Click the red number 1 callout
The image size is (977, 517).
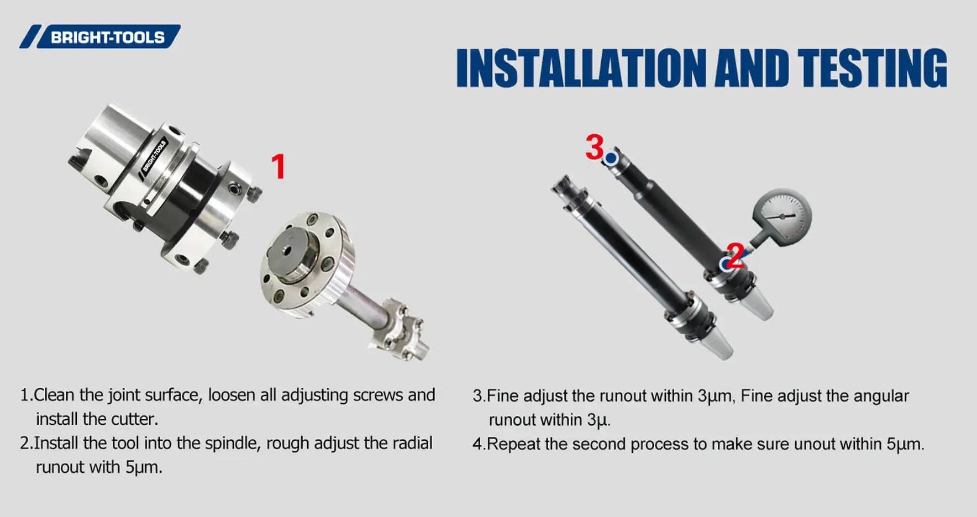[279, 167]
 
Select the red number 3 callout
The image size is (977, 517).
[594, 147]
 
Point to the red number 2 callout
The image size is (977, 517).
[736, 256]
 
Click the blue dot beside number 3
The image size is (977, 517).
[611, 159]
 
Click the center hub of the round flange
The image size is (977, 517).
[287, 250]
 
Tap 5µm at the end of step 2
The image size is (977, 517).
[143, 468]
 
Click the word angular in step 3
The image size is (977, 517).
[881, 397]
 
